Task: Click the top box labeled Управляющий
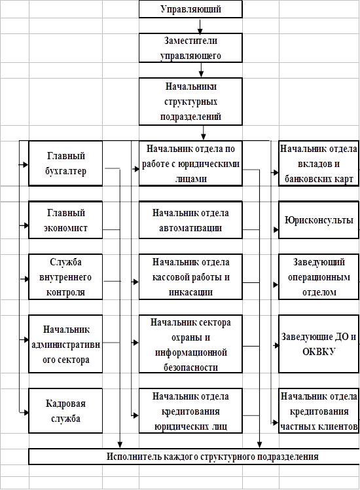point(190,9)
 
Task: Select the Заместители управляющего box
point(190,48)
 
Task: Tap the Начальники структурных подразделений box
point(190,102)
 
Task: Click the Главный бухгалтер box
point(65,163)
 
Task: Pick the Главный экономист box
point(65,220)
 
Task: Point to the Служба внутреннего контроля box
point(65,277)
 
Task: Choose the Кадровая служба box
point(65,411)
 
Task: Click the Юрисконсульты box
point(319,220)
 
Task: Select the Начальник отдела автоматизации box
point(190,220)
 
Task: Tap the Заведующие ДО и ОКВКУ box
point(319,344)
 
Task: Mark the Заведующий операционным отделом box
point(319,277)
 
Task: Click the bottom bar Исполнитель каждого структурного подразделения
point(194,457)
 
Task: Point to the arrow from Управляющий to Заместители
point(200,26)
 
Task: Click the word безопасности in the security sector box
point(190,367)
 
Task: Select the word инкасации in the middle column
point(190,292)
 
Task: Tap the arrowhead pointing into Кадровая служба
point(26,413)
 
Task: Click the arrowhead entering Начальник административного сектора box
point(26,340)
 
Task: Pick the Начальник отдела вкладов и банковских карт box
point(319,163)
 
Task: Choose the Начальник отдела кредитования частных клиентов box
point(319,411)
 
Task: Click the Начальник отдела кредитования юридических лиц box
point(190,411)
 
